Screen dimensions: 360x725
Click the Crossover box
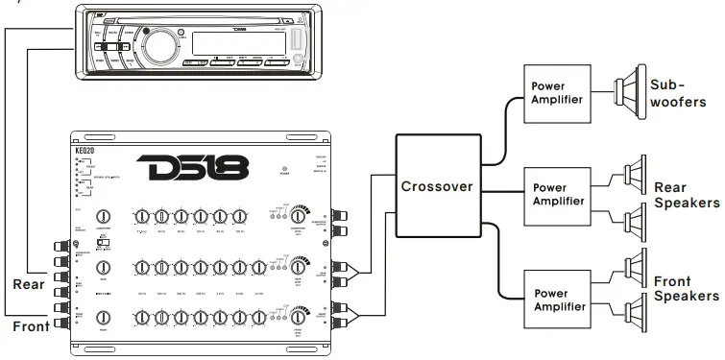coord(436,185)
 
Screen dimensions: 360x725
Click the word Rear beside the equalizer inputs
coord(30,284)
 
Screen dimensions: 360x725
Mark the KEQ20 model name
coord(85,152)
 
